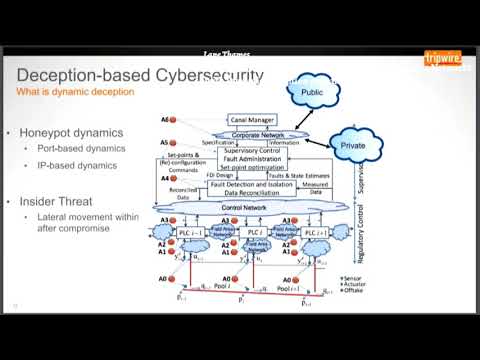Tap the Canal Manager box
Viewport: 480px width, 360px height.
(250, 119)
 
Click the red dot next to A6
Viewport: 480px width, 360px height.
(172, 120)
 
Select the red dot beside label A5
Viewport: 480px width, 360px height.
(172, 144)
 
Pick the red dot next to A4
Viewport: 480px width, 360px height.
(172, 178)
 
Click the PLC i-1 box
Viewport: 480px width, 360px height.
(191, 232)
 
